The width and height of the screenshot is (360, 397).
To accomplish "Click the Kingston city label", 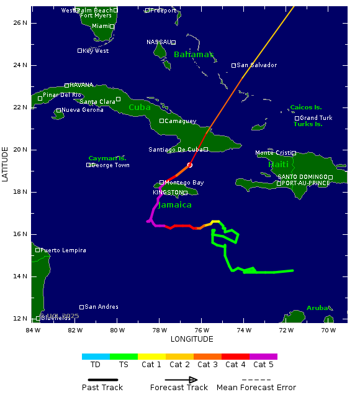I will (168, 193).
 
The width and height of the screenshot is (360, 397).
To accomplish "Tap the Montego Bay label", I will (184, 183).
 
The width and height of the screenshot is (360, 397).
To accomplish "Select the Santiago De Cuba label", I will (176, 150).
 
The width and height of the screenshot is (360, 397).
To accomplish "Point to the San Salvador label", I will (257, 65).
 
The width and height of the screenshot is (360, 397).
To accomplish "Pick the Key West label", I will (96, 51).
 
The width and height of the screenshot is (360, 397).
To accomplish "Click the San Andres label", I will (101, 307).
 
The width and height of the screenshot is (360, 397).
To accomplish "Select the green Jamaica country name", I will (174, 204).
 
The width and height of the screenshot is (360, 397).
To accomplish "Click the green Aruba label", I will (318, 308).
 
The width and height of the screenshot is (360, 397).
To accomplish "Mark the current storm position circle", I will (190, 165).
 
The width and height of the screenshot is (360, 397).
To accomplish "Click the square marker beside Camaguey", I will (161, 121).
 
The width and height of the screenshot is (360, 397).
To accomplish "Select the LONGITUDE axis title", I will (192, 339).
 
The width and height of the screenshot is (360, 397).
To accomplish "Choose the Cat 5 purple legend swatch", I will (263, 357).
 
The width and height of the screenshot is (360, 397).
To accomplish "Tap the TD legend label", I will (96, 365).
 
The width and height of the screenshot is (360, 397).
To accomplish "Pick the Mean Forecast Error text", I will (256, 388).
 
